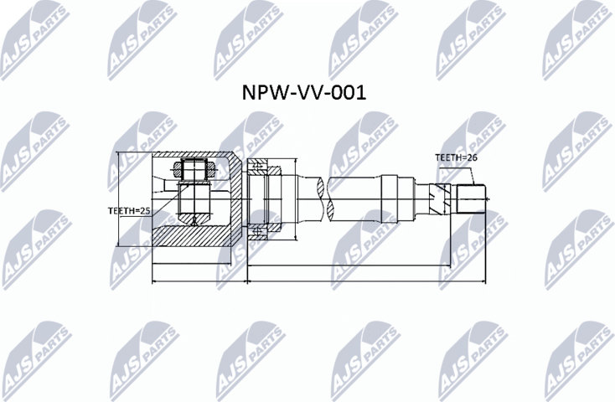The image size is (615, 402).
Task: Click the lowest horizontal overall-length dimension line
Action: pyautogui.click(x=318, y=284)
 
